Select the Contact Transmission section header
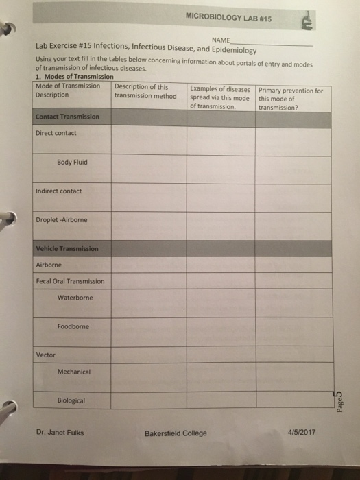point(67,117)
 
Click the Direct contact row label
point(56,133)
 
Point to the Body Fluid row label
point(72,163)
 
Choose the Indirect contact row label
point(59,191)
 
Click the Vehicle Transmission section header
point(67,248)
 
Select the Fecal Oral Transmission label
point(71,281)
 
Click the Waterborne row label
point(75,298)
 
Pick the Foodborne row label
point(73,326)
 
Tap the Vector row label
point(46,355)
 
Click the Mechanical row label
point(74,371)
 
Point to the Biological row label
point(72,400)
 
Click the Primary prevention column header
point(290,98)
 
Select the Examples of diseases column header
point(220,98)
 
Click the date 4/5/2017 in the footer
point(303,432)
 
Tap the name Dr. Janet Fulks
point(61,432)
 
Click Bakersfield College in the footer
point(176,433)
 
